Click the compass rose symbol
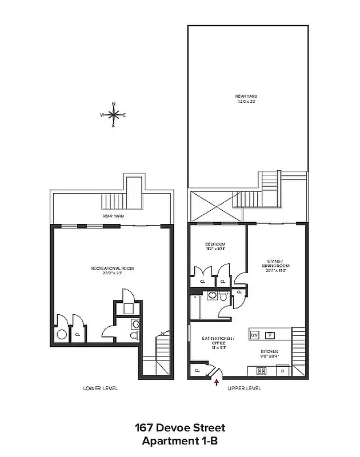pyautogui.click(x=113, y=115)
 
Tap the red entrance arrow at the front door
pyautogui.click(x=216, y=383)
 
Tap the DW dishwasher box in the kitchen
pyautogui.click(x=254, y=335)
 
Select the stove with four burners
pyautogui.click(x=262, y=370)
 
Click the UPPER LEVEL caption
pyautogui.click(x=245, y=388)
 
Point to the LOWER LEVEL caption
pyautogui.click(x=101, y=388)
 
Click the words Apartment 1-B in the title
pyautogui.click(x=180, y=440)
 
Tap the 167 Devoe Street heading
pyautogui.click(x=180, y=428)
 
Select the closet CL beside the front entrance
pyautogui.click(x=198, y=371)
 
